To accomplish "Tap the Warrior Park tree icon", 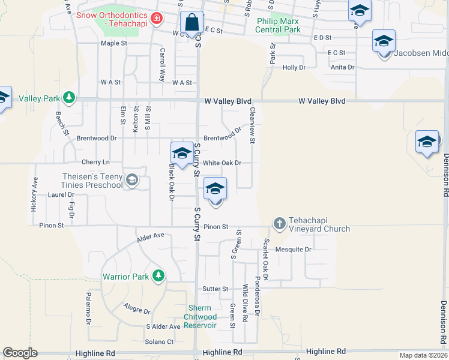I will pos(158,276).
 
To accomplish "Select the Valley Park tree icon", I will pos(70,97).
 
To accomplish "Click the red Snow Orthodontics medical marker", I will pos(157,19).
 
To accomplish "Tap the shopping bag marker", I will pos(191,25).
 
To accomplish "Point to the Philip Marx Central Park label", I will pos(279,25).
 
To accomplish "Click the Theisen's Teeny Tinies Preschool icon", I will pos(132,179).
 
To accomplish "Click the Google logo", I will pos(20,353).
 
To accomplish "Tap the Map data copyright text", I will pos(423,355).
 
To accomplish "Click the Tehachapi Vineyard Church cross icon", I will pos(279,224).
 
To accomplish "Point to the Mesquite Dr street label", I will pos(294,249).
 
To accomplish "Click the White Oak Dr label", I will pos(221,163).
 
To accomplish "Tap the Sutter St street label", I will pos(215,289).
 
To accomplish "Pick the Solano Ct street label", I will pos(159,341).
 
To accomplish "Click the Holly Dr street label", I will pos(294,67).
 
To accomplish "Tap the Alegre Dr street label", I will pos(137,310).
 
